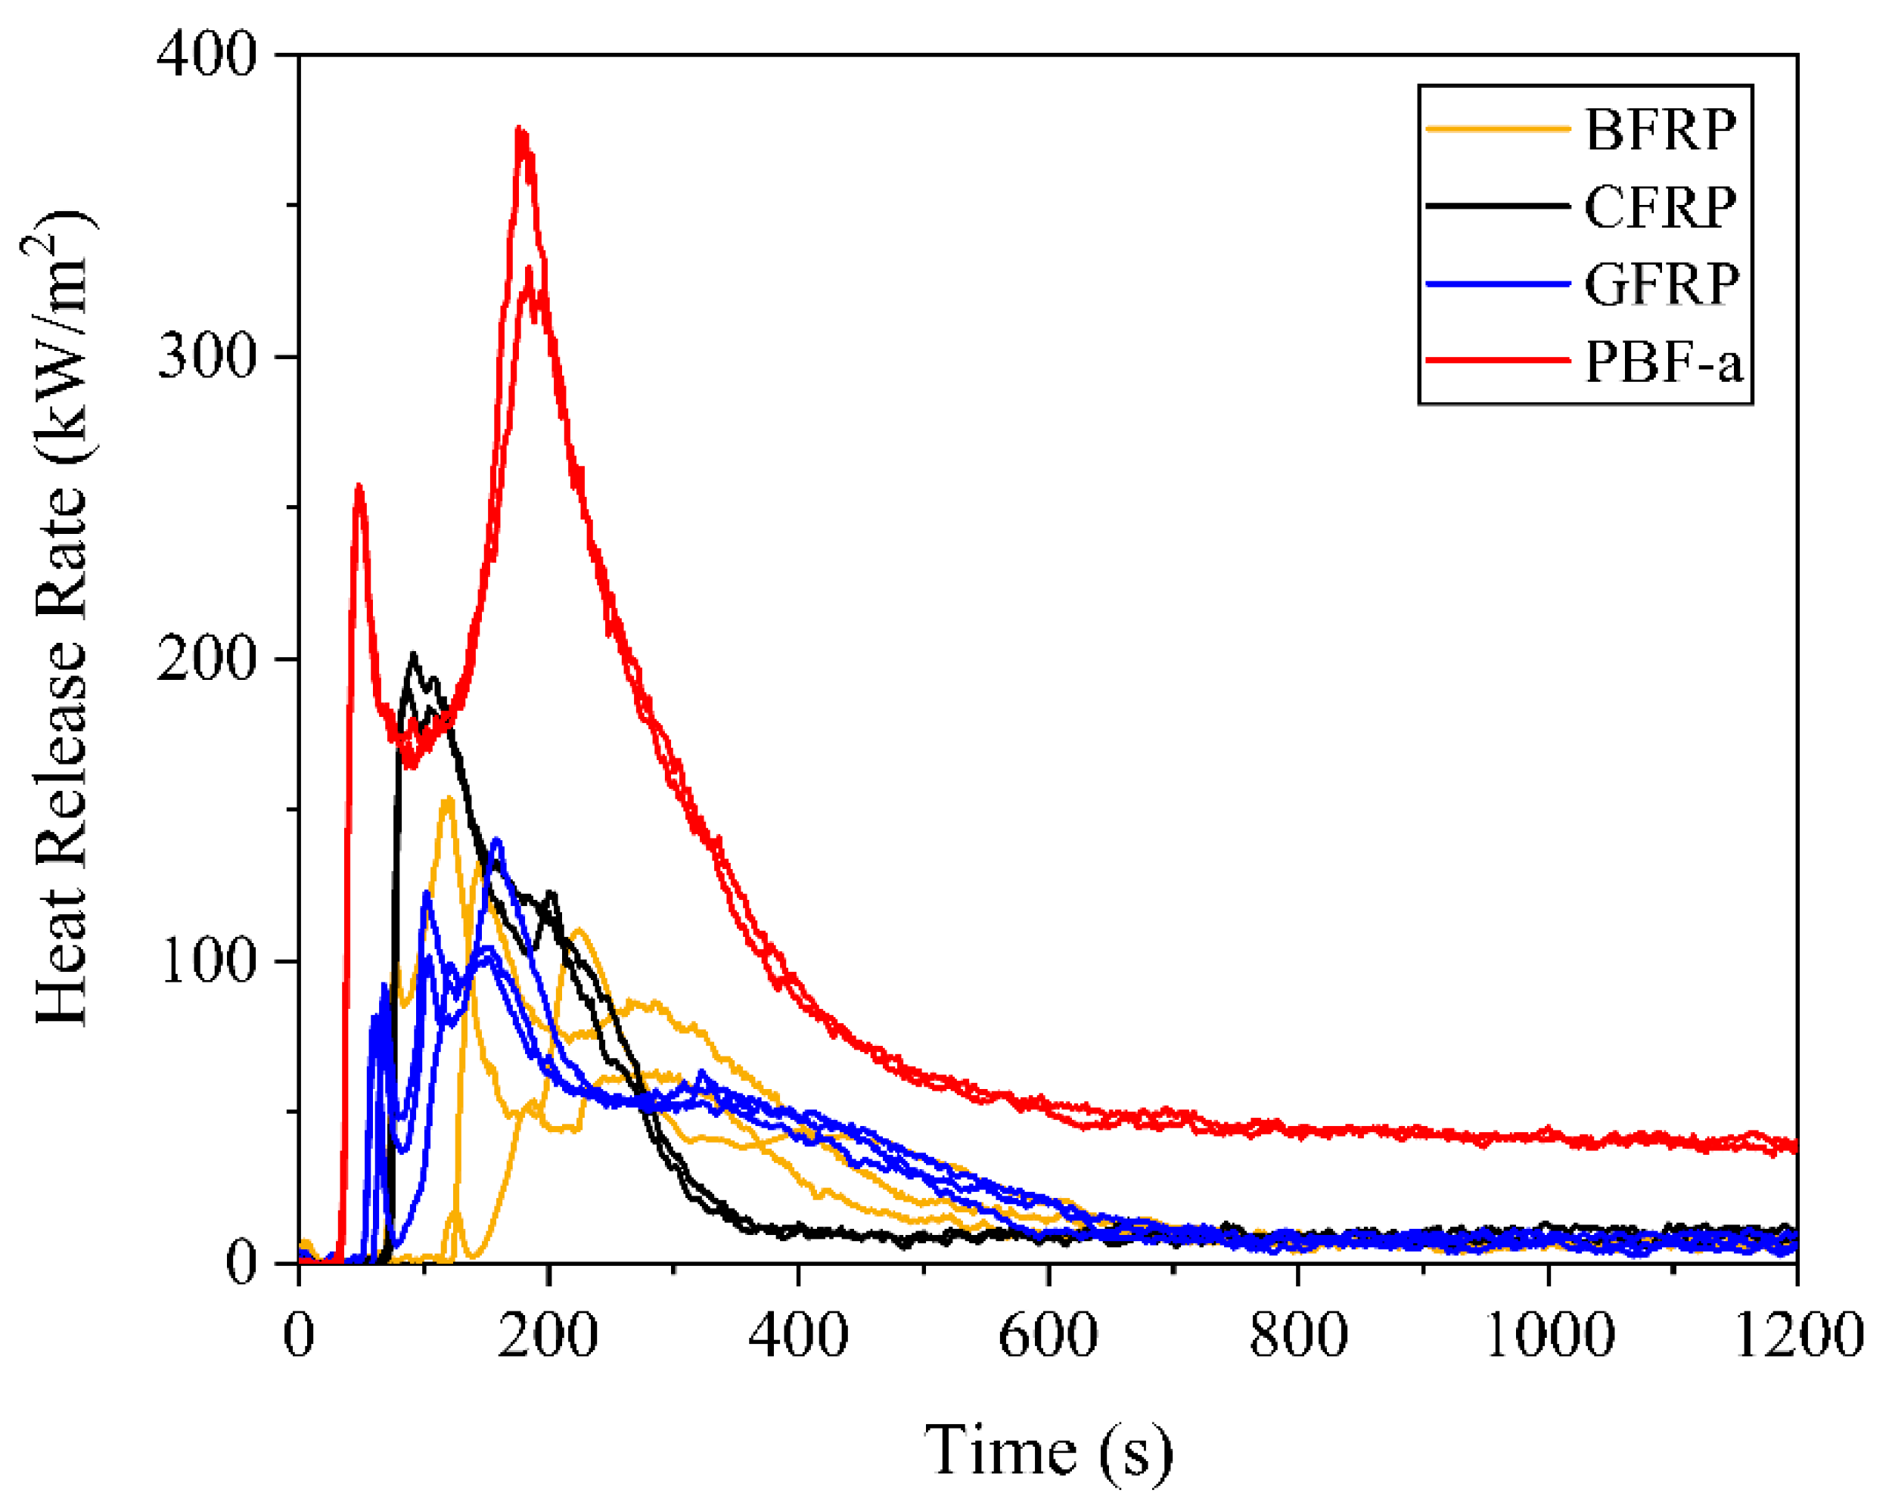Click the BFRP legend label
1660,131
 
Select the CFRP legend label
1660,208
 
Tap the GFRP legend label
1661,284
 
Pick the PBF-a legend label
1662,361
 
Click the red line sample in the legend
1497,360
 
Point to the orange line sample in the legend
1497,129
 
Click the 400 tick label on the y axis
207,54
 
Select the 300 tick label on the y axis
207,356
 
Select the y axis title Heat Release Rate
61,619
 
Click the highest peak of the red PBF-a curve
520,130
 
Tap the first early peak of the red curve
358,486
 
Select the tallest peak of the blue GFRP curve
498,839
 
